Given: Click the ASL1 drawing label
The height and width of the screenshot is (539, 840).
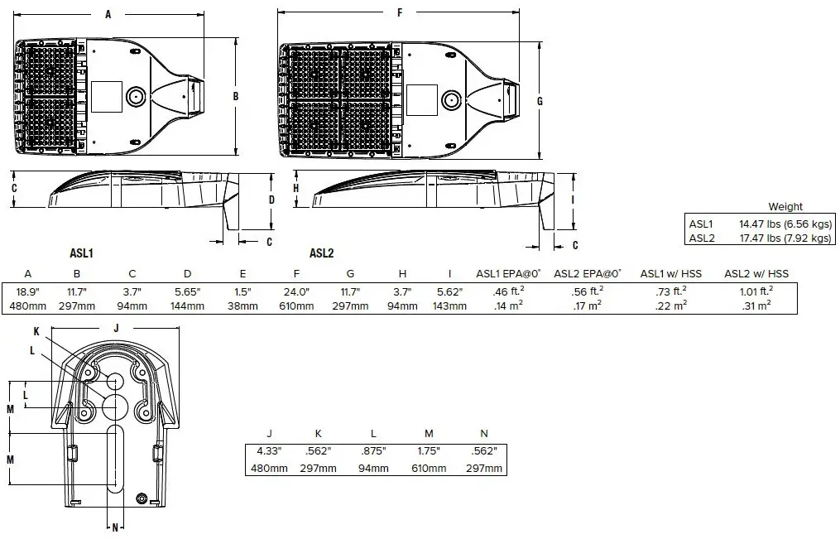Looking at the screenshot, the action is [x=81, y=253].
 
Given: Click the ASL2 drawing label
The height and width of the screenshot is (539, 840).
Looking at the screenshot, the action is [x=321, y=253].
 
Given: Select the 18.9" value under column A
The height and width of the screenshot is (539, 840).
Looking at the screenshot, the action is [x=28, y=292].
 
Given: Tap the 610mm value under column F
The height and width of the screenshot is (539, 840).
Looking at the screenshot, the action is [x=296, y=306].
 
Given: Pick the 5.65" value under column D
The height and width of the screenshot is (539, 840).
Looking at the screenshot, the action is [x=188, y=292].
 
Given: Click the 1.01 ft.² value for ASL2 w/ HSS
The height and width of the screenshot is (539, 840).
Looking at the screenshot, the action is [x=756, y=291].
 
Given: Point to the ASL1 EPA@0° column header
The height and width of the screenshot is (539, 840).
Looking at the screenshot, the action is [x=508, y=274].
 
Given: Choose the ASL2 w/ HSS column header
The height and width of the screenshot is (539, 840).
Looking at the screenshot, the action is [x=756, y=274].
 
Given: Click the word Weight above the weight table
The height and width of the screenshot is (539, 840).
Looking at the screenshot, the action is [x=785, y=207].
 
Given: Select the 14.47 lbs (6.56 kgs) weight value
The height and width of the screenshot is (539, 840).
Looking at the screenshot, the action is [x=785, y=224].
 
